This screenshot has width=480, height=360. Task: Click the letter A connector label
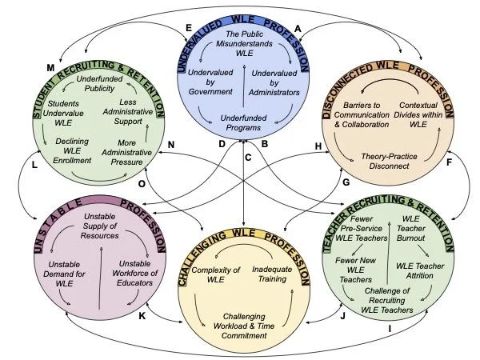298,28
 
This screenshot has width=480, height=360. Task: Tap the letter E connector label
188,28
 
